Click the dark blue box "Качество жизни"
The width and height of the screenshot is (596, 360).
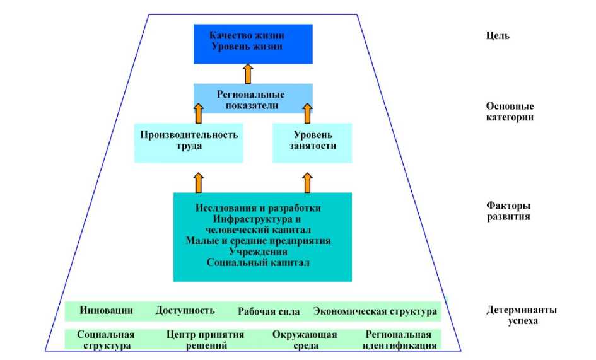click(x=253, y=43)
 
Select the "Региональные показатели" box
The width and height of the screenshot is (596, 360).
click(x=252, y=99)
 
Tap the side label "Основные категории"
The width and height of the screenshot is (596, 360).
click(x=510, y=112)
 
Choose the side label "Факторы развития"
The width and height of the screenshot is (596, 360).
click(x=508, y=211)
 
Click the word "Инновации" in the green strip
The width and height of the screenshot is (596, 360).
click(x=107, y=310)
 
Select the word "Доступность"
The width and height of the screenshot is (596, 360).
click(x=185, y=310)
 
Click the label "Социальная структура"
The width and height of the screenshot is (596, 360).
click(x=105, y=340)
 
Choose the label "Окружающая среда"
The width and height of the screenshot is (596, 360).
click(x=305, y=340)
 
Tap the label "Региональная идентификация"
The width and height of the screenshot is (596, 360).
click(x=400, y=340)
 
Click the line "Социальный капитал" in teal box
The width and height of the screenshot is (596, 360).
click(x=258, y=262)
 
